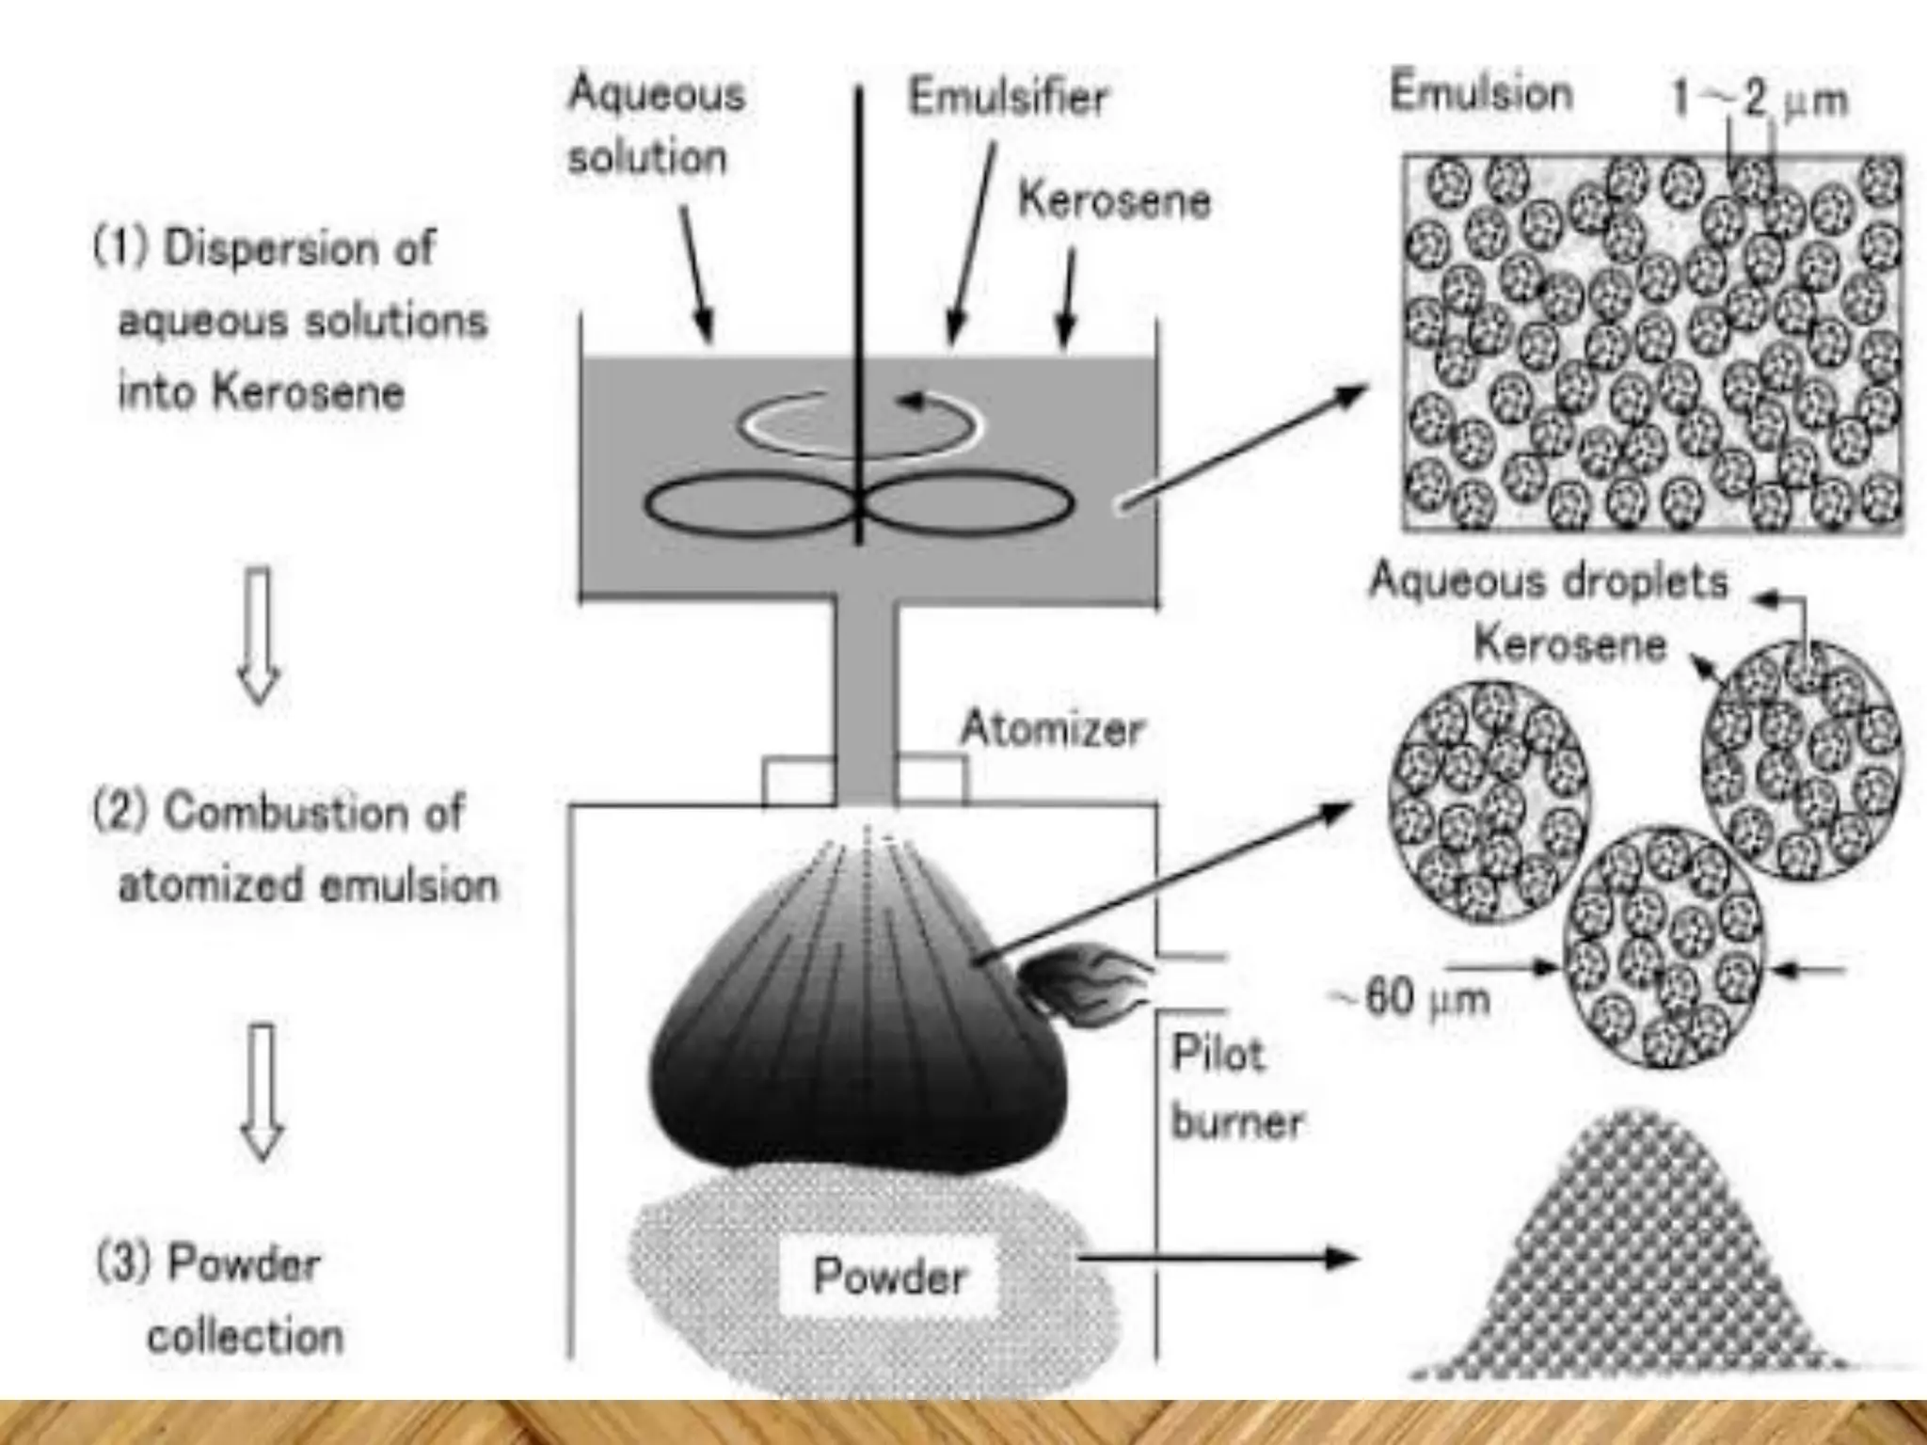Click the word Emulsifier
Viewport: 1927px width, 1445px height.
(1008, 99)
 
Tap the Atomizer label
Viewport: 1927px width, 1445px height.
(1051, 729)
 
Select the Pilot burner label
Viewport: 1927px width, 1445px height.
(1235, 1088)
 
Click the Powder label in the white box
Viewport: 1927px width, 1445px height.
(889, 1277)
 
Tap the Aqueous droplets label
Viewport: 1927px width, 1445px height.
(1549, 580)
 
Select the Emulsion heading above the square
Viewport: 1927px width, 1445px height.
(1481, 94)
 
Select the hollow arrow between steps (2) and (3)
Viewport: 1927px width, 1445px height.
(263, 1091)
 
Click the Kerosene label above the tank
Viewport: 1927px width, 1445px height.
(1114, 201)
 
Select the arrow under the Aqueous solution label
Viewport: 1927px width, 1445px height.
(697, 274)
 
